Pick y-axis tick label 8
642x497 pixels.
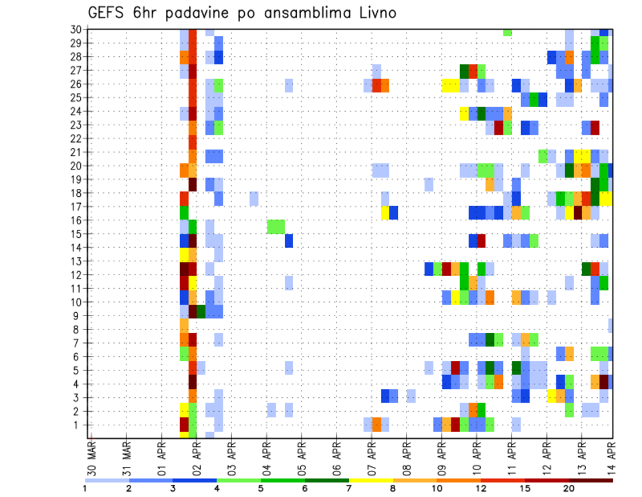point(78,330)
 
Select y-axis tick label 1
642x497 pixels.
point(78,425)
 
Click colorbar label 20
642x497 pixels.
point(569,489)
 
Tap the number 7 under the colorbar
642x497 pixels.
point(348,489)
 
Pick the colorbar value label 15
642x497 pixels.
point(525,489)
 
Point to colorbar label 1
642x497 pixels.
point(85,489)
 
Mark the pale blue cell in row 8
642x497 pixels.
point(610,326)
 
